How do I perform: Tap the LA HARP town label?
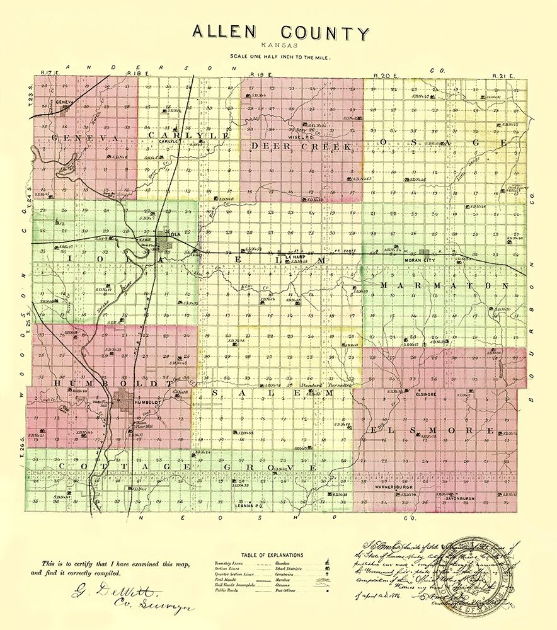296,257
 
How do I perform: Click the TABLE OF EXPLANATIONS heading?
277,555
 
